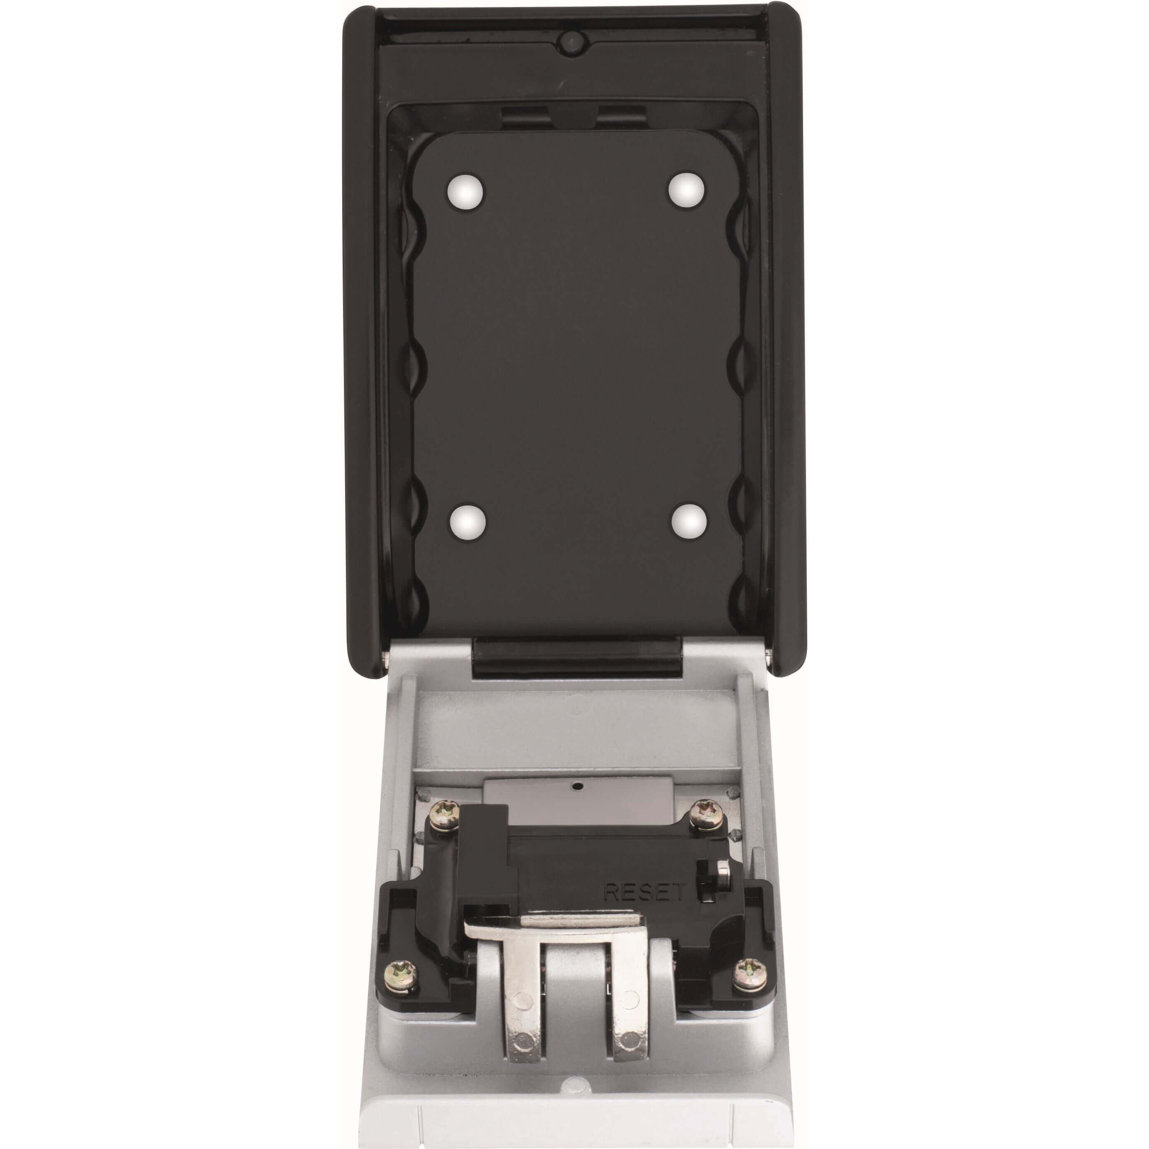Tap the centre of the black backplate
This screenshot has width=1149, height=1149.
[x=576, y=357]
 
